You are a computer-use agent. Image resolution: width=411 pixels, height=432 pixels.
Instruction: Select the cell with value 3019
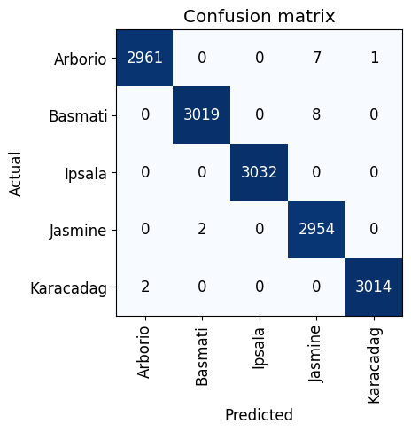pyautogui.click(x=202, y=115)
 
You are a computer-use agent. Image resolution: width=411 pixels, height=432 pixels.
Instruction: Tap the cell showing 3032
pyautogui.click(x=259, y=172)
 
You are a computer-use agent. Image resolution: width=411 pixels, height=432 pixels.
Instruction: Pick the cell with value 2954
pyautogui.click(x=316, y=230)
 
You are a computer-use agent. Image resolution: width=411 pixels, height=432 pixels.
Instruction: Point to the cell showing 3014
pyautogui.click(x=373, y=287)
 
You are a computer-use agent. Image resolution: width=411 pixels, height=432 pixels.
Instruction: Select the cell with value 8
pyautogui.click(x=316, y=115)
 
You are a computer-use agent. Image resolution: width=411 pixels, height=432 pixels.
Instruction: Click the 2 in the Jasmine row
pyautogui.click(x=202, y=230)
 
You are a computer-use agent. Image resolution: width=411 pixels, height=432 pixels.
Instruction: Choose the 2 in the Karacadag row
pyautogui.click(x=144, y=287)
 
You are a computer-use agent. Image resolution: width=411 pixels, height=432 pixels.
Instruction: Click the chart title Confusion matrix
pyautogui.click(x=259, y=15)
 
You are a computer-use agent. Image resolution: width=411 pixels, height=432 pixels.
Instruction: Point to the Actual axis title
pyautogui.click(x=15, y=172)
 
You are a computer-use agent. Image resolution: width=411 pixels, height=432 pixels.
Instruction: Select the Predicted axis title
pyautogui.click(x=259, y=414)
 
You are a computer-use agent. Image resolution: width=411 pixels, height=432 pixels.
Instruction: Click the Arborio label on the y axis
pyautogui.click(x=80, y=59)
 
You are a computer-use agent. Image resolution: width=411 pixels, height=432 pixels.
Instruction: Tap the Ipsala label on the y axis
pyautogui.click(x=86, y=172)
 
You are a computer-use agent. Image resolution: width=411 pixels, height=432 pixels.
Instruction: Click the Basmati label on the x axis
pyautogui.click(x=202, y=356)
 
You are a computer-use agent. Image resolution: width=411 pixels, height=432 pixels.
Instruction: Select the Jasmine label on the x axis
pyautogui.click(x=316, y=356)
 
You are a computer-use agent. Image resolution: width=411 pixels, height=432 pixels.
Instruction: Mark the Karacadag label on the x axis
pyautogui.click(x=373, y=365)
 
